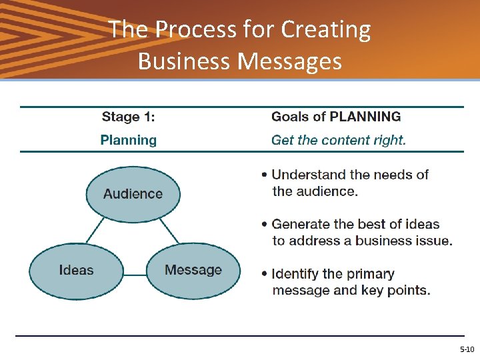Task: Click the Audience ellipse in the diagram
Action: pos(133,194)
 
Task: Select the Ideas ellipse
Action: pos(76,271)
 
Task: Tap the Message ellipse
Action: pos(193,271)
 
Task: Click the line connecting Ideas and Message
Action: pos(135,274)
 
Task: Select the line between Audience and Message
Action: pos(169,232)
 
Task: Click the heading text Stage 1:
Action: pos(128,117)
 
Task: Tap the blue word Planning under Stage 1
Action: pos(128,140)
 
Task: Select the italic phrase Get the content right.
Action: pos(338,140)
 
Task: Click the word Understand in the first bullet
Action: pos(309,175)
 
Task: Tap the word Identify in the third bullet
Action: pos(297,274)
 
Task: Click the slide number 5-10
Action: pos(467,349)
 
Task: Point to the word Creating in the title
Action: pos(326,30)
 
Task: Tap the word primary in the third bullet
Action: pos(370,274)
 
